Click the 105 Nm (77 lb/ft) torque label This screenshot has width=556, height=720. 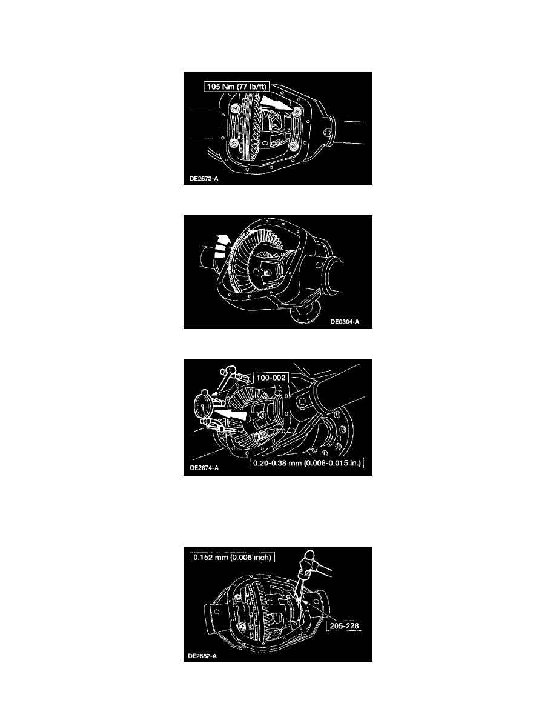click(236, 86)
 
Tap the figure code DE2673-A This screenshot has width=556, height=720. click(204, 179)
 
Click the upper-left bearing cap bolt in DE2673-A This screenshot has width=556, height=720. click(236, 109)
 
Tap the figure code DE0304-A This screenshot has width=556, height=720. click(345, 322)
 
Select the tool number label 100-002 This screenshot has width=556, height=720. click(271, 378)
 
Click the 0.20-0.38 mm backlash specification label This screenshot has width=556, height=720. click(307, 463)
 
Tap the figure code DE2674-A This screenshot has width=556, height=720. click(204, 468)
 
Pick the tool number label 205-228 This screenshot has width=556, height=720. click(345, 626)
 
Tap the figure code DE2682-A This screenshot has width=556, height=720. click(202, 656)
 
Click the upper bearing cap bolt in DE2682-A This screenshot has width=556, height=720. click(237, 597)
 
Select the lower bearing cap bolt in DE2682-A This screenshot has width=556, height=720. click(242, 626)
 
